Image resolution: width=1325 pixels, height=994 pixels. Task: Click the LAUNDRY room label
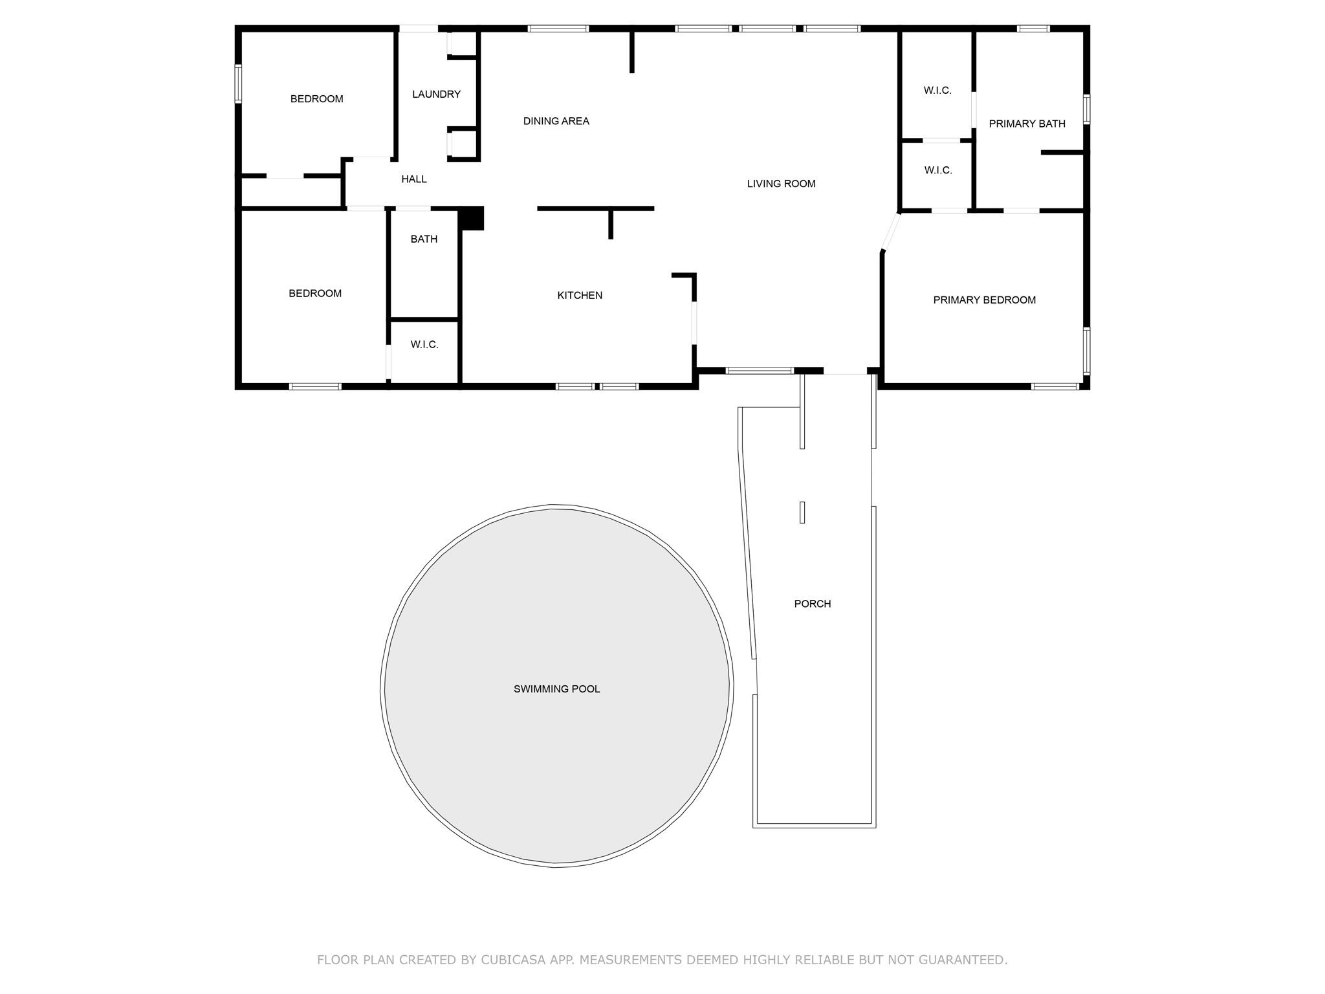pos(436,94)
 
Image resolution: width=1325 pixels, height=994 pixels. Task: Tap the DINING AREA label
pos(556,121)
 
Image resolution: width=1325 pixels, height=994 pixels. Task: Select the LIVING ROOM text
pos(781,184)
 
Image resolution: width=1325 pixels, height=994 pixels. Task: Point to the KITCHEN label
pos(580,295)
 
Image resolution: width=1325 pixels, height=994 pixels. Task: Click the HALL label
pos(413,179)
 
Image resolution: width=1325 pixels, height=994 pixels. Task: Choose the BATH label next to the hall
pos(424,239)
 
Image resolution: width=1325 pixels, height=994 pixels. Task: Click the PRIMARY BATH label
pos(1027,124)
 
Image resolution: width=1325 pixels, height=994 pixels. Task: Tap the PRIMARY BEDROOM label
pos(984,300)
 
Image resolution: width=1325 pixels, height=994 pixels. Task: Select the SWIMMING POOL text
pos(556,689)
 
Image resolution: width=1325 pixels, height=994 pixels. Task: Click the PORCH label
pos(812,604)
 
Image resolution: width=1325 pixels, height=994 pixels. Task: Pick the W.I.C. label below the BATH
pos(424,345)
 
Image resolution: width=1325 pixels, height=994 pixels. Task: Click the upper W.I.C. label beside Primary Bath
pos(937,91)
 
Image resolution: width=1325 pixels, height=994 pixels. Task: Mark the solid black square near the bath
pos(472,218)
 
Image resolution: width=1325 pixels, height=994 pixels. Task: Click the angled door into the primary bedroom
pos(891,231)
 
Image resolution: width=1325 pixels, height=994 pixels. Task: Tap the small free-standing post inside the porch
pos(802,513)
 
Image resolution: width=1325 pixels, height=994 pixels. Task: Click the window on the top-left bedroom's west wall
pos(238,83)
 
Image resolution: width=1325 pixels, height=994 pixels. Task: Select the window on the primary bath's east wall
pos(1086,109)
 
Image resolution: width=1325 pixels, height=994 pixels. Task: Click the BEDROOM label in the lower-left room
pos(315,294)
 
